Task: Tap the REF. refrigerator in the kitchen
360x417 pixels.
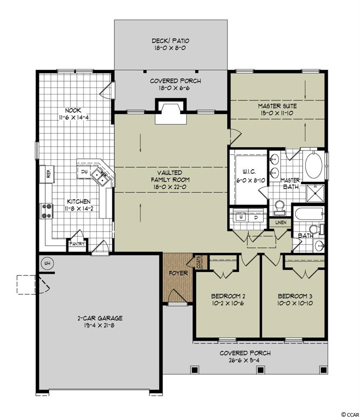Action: click(47, 174)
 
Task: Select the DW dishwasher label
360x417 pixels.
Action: click(84, 172)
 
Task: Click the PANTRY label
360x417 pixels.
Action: click(77, 244)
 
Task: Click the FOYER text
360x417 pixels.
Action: click(178, 273)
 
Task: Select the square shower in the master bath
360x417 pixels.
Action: click(315, 193)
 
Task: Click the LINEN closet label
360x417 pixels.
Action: click(280, 222)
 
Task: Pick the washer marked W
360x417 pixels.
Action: click(241, 217)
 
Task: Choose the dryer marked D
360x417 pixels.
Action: click(256, 217)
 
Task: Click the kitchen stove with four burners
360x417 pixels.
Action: click(47, 211)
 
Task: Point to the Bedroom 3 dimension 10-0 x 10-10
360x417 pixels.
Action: click(295, 303)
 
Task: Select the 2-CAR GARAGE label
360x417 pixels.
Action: click(100, 318)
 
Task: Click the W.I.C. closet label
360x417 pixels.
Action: click(250, 172)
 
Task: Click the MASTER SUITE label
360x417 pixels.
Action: click(277, 106)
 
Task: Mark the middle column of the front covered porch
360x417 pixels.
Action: click(260, 370)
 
